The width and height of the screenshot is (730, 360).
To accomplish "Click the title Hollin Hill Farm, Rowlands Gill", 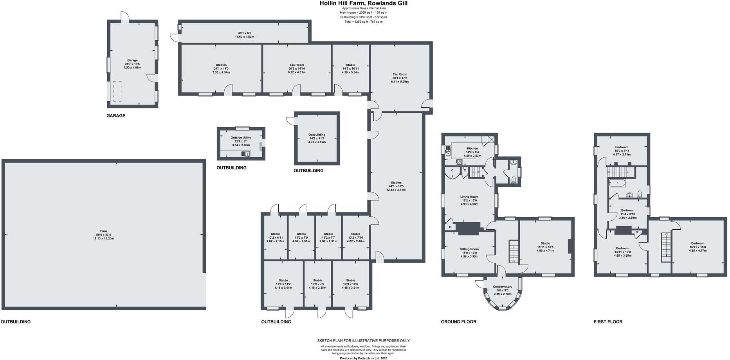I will click(x=364, y=3).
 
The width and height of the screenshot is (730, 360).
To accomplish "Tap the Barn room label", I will click(x=103, y=231).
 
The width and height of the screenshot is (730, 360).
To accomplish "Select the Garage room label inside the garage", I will click(x=132, y=60).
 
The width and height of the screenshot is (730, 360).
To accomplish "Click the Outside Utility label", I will click(x=241, y=138).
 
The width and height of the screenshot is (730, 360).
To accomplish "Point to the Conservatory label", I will click(x=503, y=286).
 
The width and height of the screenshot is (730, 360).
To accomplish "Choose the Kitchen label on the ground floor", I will click(x=472, y=149).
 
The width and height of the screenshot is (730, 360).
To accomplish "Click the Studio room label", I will click(x=545, y=243).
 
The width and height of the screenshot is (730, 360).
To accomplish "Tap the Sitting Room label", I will click(x=469, y=249).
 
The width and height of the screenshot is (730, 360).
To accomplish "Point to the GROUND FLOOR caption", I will click(x=458, y=322).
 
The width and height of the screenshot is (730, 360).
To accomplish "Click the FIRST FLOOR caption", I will click(x=608, y=322).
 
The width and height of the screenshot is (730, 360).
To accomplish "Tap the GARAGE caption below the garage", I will click(x=116, y=116).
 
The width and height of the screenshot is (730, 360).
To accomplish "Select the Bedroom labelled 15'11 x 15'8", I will click(x=698, y=243).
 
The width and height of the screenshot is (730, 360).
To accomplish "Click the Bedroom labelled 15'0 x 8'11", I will click(x=622, y=147).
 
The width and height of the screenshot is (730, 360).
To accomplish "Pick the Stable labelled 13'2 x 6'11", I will click(x=275, y=234).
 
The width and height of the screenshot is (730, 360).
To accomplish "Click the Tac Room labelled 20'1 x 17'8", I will click(x=400, y=74).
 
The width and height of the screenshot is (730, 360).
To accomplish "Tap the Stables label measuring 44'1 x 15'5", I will click(x=396, y=183).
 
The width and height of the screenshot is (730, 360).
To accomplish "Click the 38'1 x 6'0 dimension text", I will click(x=244, y=33).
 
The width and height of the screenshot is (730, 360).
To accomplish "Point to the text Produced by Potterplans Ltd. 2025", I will click(x=363, y=358).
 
